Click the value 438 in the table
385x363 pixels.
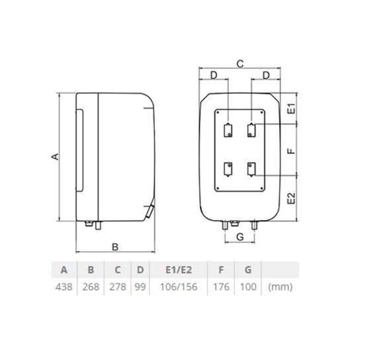tap(64, 287)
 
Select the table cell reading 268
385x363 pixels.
tap(91, 287)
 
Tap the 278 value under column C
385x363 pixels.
tap(118, 287)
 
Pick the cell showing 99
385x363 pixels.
tap(140, 287)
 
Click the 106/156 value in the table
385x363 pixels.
tap(179, 287)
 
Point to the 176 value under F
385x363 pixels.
tap(221, 287)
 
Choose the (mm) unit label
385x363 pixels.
tap(280, 287)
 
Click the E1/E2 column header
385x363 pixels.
tap(179, 270)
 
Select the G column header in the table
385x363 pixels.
tap(248, 270)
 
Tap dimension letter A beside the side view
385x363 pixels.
tap(56, 157)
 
